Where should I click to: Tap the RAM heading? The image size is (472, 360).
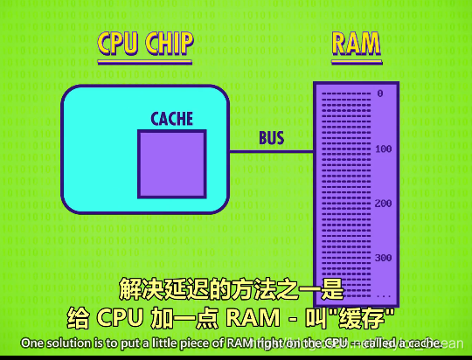point(357,44)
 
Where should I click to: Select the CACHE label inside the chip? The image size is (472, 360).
point(171,119)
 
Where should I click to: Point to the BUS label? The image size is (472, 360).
point(271,138)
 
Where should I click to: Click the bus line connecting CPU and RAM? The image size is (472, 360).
point(271,151)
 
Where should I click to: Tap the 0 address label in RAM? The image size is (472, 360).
point(380,93)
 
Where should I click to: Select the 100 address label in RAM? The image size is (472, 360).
point(383,149)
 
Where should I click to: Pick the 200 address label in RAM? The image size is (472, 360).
point(383,204)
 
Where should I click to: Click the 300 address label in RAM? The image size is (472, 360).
point(383,259)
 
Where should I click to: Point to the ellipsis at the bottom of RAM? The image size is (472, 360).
point(383,294)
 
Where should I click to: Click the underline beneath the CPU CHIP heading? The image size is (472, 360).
point(145,61)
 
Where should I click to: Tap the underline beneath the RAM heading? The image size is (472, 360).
point(357,61)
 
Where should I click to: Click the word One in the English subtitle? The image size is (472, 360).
point(32,341)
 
